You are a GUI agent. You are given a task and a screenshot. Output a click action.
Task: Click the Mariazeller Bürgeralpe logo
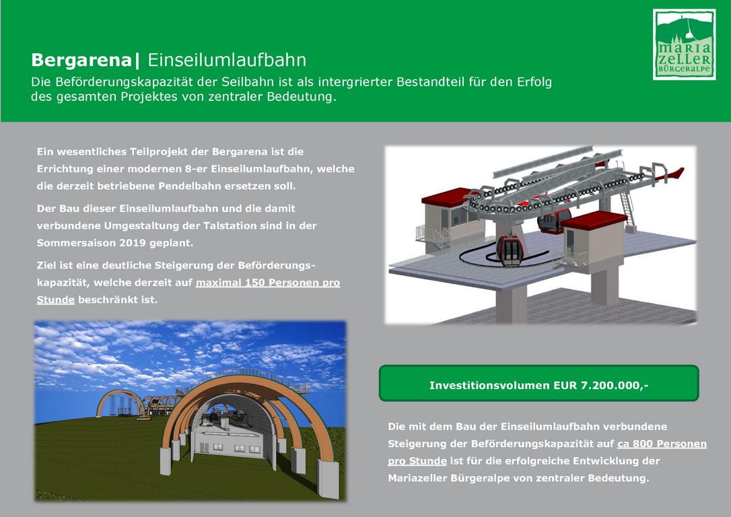(684, 44)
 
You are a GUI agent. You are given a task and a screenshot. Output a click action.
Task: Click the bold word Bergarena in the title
(81, 60)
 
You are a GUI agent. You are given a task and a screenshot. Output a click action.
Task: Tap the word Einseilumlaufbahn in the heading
(227, 60)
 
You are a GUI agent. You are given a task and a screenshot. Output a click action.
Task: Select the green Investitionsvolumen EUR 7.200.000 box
(539, 383)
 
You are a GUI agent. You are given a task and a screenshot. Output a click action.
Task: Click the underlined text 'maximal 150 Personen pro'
(268, 283)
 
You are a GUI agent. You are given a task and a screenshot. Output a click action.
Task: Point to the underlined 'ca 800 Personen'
(662, 444)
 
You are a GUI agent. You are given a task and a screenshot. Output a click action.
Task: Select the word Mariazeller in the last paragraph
(417, 479)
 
